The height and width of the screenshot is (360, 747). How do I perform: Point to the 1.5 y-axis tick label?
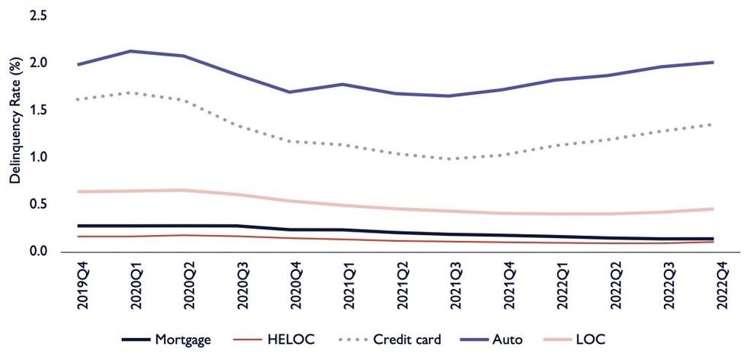38,110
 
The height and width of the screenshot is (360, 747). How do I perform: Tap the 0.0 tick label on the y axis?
38,251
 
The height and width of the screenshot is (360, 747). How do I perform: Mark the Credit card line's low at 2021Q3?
450,159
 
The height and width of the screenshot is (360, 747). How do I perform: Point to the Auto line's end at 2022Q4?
713,63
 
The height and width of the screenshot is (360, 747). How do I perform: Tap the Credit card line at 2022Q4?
713,124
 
